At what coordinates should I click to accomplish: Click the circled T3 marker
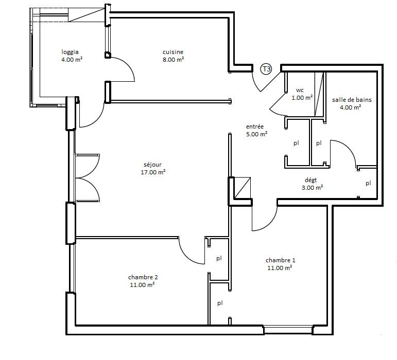coord(266,69)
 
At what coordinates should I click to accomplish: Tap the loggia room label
coord(70,52)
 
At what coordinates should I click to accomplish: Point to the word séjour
coord(153,165)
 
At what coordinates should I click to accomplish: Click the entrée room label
coord(255,127)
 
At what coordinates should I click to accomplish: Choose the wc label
coord(300,90)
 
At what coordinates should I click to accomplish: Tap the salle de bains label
coord(352,100)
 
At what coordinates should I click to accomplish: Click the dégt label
coord(310,180)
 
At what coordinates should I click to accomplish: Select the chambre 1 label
coord(281,260)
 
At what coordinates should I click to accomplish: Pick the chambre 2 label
coord(143,277)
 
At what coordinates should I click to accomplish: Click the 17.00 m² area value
coord(153,172)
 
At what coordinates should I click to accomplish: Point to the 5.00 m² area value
coord(257,134)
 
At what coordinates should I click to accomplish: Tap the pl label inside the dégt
coord(368,183)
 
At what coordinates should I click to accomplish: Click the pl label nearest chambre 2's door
coord(219,258)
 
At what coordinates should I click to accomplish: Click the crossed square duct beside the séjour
coord(243,188)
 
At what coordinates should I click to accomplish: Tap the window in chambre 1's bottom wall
coord(288,330)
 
